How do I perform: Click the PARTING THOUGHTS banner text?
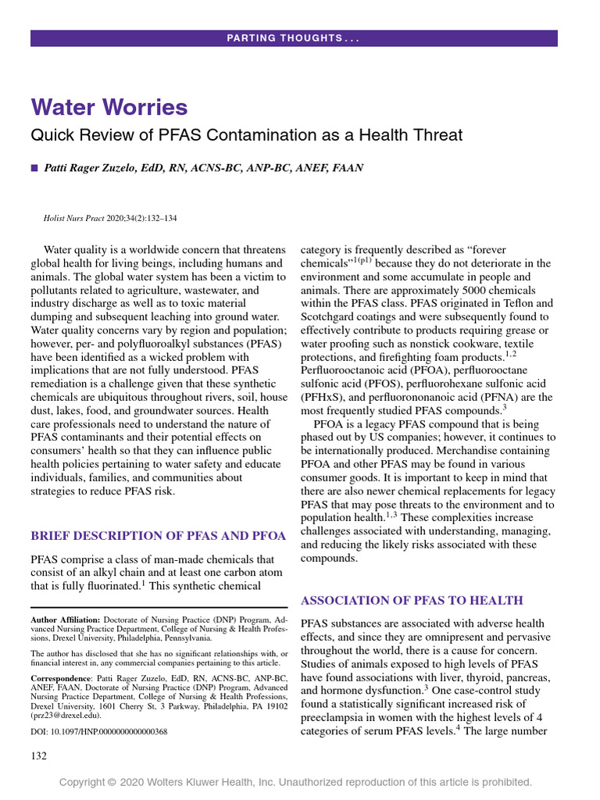(x=294, y=38)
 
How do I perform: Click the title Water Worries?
(x=109, y=107)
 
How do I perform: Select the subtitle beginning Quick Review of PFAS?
(x=246, y=135)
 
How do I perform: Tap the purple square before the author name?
(x=34, y=168)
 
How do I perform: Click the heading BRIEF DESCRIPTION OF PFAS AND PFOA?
(x=158, y=536)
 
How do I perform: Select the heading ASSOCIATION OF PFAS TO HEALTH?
(x=412, y=600)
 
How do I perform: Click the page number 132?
(x=39, y=755)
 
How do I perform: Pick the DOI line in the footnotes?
(x=98, y=732)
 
